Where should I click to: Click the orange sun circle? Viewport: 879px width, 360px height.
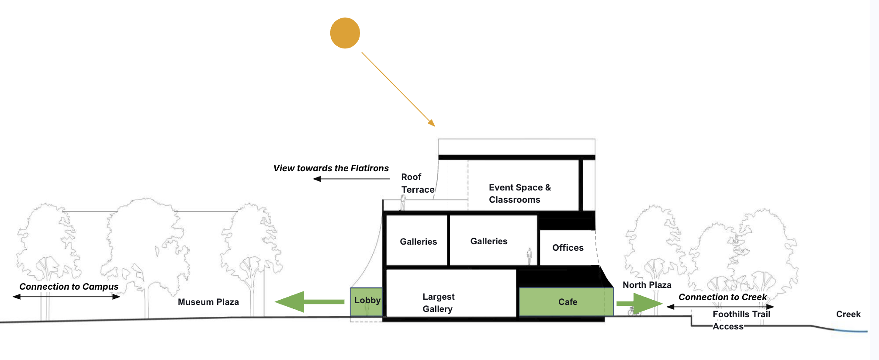click(345, 33)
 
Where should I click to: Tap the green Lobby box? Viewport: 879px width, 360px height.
click(367, 301)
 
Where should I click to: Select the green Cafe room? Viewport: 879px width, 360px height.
click(567, 301)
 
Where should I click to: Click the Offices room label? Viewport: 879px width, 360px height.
click(568, 248)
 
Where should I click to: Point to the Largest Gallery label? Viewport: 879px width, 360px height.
click(438, 303)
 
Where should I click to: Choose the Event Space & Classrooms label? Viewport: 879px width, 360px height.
click(519, 194)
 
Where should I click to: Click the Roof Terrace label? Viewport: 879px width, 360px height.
click(417, 183)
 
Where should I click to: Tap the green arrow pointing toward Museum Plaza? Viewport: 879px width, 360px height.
click(309, 301)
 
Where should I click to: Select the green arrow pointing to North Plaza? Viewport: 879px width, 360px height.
click(640, 304)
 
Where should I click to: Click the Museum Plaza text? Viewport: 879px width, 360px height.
click(208, 302)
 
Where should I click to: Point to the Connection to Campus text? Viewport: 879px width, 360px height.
click(69, 287)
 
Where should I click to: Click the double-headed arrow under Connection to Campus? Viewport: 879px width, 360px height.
click(66, 297)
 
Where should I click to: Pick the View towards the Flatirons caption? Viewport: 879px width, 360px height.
click(331, 168)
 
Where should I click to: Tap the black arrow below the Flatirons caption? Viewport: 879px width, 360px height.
click(351, 179)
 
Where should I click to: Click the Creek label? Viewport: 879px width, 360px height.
click(848, 314)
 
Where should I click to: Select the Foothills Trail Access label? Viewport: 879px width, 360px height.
click(741, 320)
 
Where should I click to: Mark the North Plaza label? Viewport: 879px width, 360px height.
click(647, 285)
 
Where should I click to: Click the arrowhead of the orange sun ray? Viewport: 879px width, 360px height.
click(432, 123)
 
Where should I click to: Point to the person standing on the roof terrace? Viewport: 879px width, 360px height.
click(403, 203)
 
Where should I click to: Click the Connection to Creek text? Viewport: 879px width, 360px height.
click(722, 297)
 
